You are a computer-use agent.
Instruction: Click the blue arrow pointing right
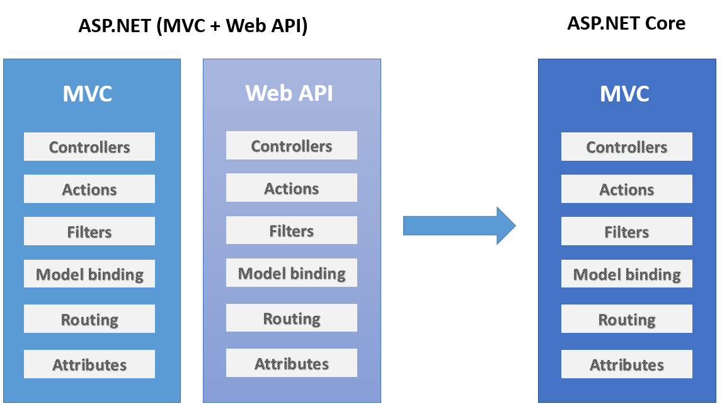tap(459, 226)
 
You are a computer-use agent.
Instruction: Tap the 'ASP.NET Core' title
tap(626, 23)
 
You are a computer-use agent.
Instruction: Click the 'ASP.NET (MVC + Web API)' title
tap(193, 25)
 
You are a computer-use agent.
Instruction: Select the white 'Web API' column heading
tap(289, 93)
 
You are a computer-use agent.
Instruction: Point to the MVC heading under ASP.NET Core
tap(624, 94)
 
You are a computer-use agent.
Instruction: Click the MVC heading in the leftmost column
tap(88, 94)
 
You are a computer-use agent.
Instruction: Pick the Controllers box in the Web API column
tap(292, 146)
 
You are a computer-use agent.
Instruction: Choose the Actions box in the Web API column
tap(292, 188)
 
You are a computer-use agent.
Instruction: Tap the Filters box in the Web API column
tap(292, 230)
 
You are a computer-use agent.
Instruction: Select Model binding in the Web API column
tap(292, 273)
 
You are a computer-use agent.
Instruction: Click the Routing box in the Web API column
tap(292, 318)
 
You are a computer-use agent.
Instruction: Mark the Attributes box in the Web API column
tap(292, 363)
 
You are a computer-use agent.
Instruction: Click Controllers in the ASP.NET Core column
tap(627, 146)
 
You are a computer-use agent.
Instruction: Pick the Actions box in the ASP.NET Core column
tap(627, 189)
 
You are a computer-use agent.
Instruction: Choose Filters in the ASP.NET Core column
tap(627, 231)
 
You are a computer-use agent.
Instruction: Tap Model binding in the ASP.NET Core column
tap(627, 274)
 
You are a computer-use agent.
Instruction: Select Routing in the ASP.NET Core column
tap(627, 319)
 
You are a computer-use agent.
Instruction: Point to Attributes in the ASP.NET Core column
tap(627, 364)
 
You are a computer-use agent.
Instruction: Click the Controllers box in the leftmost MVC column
tap(89, 146)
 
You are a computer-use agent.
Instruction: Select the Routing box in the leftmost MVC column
tap(89, 319)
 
